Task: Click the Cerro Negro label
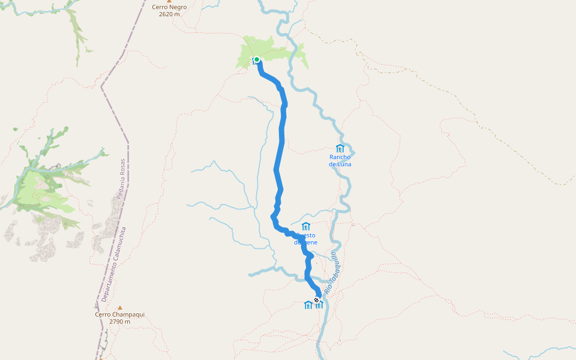(x=169, y=7)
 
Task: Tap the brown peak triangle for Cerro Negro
(x=169, y=1)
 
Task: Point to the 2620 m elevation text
(x=169, y=14)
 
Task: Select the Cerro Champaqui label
(x=119, y=314)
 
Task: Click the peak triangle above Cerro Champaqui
(x=119, y=307)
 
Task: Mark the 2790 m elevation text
(x=119, y=322)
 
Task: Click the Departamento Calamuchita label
(x=113, y=264)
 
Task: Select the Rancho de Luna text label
(x=340, y=160)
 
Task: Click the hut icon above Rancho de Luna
(x=340, y=148)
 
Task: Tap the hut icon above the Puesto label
(x=306, y=226)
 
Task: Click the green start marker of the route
(x=257, y=59)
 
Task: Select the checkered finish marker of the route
(x=317, y=299)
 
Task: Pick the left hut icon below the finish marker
(x=308, y=305)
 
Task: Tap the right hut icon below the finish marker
(x=319, y=305)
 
